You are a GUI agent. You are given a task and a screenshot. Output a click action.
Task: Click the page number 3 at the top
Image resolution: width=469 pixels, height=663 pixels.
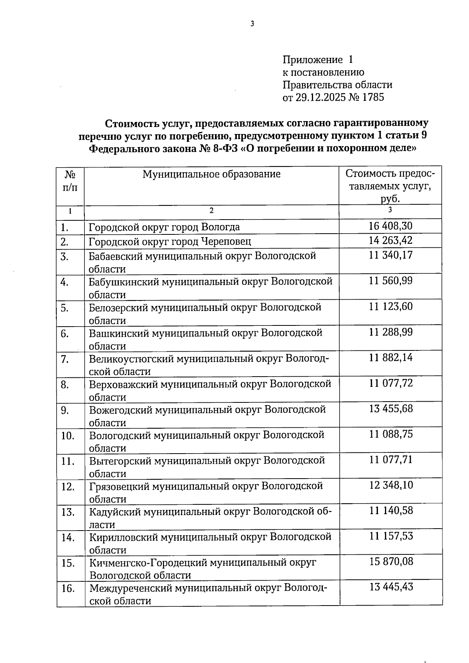(x=252, y=24)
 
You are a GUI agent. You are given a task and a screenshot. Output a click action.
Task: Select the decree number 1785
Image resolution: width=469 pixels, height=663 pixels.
(x=373, y=97)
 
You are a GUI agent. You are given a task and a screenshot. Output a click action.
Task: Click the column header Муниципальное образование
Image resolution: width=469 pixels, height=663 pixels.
(x=211, y=174)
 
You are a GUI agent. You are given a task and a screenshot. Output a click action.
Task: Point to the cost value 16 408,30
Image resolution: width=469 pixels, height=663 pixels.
(x=390, y=226)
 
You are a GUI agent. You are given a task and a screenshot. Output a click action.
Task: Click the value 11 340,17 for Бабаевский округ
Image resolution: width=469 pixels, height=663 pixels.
(x=390, y=256)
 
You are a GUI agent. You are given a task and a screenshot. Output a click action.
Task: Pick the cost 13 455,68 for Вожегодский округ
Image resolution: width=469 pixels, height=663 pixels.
(x=391, y=409)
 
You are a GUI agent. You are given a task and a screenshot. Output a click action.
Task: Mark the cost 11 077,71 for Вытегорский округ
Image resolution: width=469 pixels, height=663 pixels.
(x=391, y=460)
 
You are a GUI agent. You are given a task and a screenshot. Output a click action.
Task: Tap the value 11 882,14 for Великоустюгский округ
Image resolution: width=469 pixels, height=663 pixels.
(x=390, y=358)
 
